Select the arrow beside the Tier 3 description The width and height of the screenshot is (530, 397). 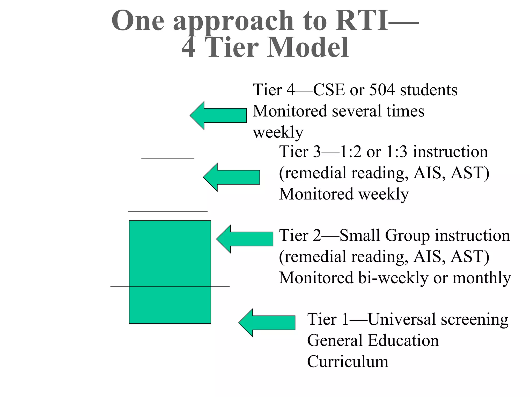tap(231, 177)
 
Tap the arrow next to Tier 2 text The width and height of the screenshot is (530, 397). tap(245, 239)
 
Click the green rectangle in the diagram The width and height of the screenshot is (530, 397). tap(170, 272)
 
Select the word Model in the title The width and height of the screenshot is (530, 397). tap(308, 48)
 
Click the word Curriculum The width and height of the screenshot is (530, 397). tap(348, 362)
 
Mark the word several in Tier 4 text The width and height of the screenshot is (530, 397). tap(357, 111)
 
